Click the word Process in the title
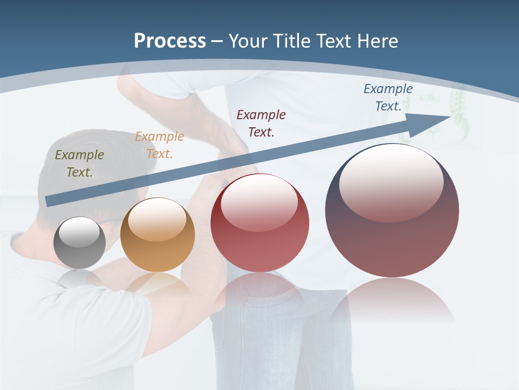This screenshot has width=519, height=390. (x=170, y=41)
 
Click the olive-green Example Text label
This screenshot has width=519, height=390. (x=79, y=163)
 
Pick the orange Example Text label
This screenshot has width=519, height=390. (x=159, y=145)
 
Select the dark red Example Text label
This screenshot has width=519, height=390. (x=261, y=123)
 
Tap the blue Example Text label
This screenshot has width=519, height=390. (x=388, y=97)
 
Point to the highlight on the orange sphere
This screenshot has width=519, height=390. (x=157, y=219)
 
